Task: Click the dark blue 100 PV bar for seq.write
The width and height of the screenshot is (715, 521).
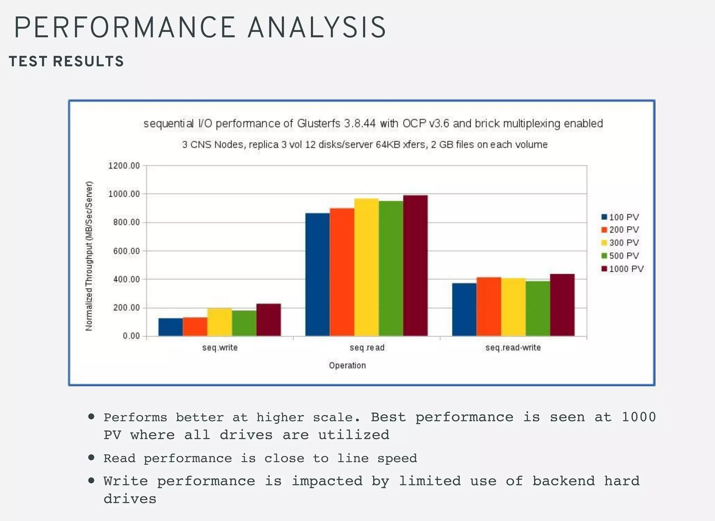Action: click(x=170, y=327)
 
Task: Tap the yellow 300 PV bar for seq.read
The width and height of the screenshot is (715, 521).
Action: click(x=366, y=267)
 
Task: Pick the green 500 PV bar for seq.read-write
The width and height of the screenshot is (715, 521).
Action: click(x=538, y=309)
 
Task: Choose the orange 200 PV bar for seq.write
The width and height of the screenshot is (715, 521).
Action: click(x=195, y=327)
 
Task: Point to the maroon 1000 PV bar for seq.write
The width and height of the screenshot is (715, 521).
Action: click(x=268, y=320)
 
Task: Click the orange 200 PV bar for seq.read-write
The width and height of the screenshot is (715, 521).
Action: click(x=489, y=307)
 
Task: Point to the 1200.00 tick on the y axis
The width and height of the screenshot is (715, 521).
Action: click(x=124, y=166)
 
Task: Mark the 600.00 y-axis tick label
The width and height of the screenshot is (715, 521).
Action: click(x=126, y=251)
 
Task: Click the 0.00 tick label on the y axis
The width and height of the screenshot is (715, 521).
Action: click(x=131, y=336)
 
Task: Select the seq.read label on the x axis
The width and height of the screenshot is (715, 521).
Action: click(x=367, y=348)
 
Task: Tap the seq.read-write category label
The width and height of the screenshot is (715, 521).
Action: click(x=513, y=348)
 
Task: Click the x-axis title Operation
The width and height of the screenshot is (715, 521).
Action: click(x=347, y=365)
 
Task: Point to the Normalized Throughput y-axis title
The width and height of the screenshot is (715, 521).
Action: click(x=89, y=256)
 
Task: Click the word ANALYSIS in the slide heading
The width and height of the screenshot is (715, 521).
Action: click(x=317, y=27)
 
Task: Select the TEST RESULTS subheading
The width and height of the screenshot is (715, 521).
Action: click(x=66, y=61)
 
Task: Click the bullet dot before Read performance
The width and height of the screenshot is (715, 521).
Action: click(x=91, y=458)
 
